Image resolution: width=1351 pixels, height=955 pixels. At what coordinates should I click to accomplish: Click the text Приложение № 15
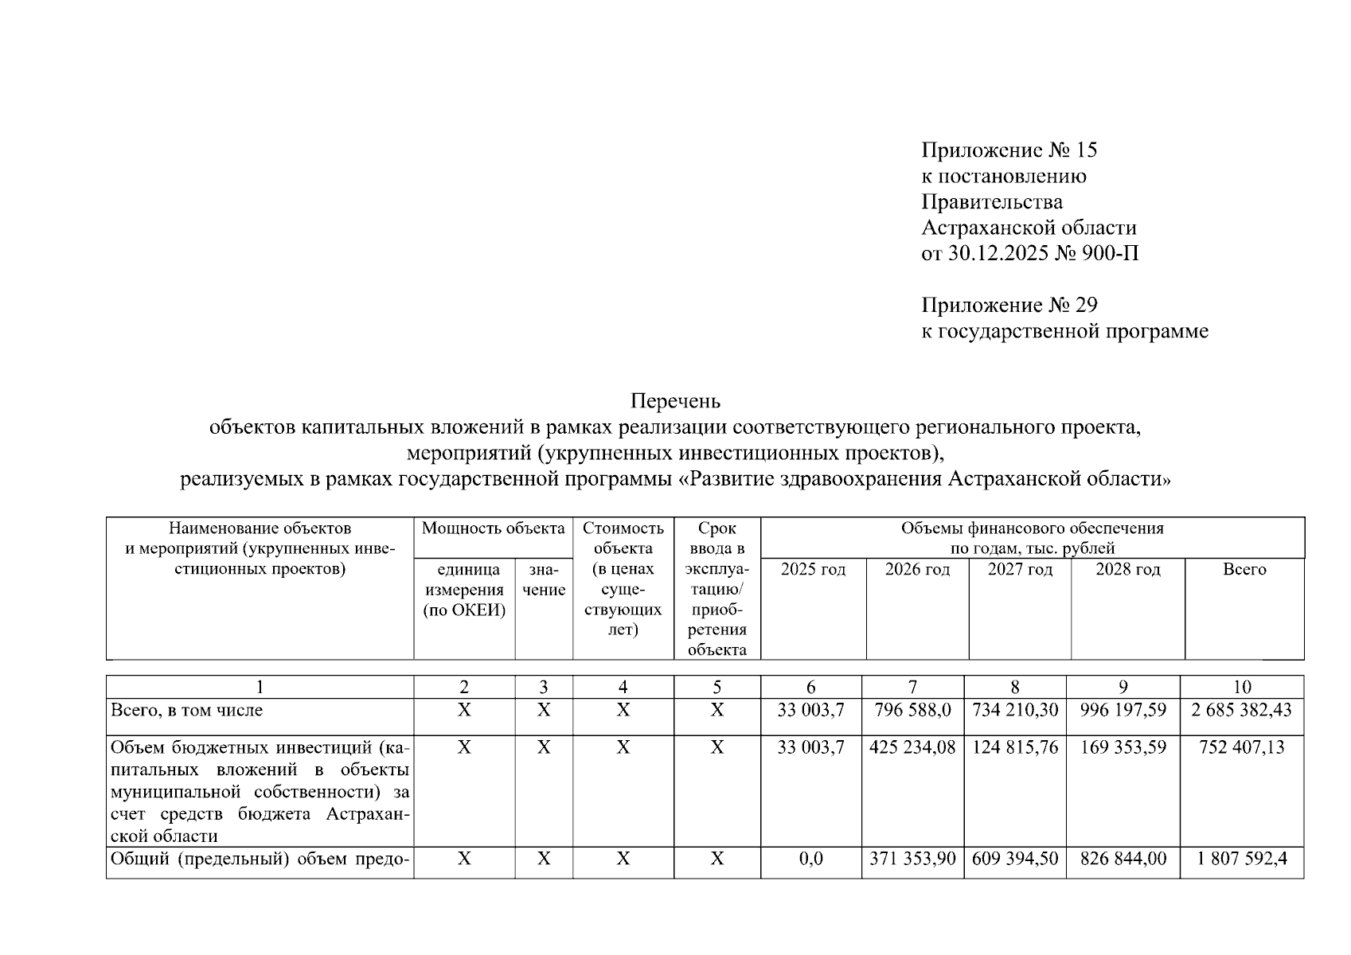pos(1009,150)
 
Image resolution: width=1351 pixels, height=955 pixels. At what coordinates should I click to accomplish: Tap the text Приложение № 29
pos(1009,306)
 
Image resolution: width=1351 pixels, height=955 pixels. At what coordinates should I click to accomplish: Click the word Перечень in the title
pos(675,400)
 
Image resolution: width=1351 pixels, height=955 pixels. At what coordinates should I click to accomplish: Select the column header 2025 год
pos(813,570)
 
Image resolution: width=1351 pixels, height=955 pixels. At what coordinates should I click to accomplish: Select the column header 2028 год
pos(1127,570)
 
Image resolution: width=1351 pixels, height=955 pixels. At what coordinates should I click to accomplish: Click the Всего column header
pos(1244,570)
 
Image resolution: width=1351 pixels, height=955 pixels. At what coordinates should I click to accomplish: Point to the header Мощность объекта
pos(493,529)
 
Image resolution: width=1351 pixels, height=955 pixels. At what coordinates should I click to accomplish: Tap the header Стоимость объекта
pos(623,538)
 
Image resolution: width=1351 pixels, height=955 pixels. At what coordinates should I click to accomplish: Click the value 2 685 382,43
pos(1241,710)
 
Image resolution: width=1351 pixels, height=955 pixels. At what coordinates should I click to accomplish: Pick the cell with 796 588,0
pos(912,710)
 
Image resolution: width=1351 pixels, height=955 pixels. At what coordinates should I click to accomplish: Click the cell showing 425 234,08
pos(912,748)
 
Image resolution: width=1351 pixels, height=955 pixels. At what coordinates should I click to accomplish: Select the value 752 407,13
pos(1241,748)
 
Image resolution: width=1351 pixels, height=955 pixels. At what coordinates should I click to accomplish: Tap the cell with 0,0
pos(810,859)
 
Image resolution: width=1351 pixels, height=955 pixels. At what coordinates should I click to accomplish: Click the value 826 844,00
pos(1123,859)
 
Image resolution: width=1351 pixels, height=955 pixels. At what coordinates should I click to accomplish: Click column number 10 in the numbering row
pos(1241,688)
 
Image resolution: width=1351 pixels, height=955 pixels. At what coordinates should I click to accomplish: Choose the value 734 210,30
pos(1015,710)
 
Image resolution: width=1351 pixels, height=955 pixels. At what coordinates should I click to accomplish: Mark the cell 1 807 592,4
pos(1241,859)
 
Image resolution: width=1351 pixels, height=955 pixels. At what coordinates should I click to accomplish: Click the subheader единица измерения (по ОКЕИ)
pos(464,591)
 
